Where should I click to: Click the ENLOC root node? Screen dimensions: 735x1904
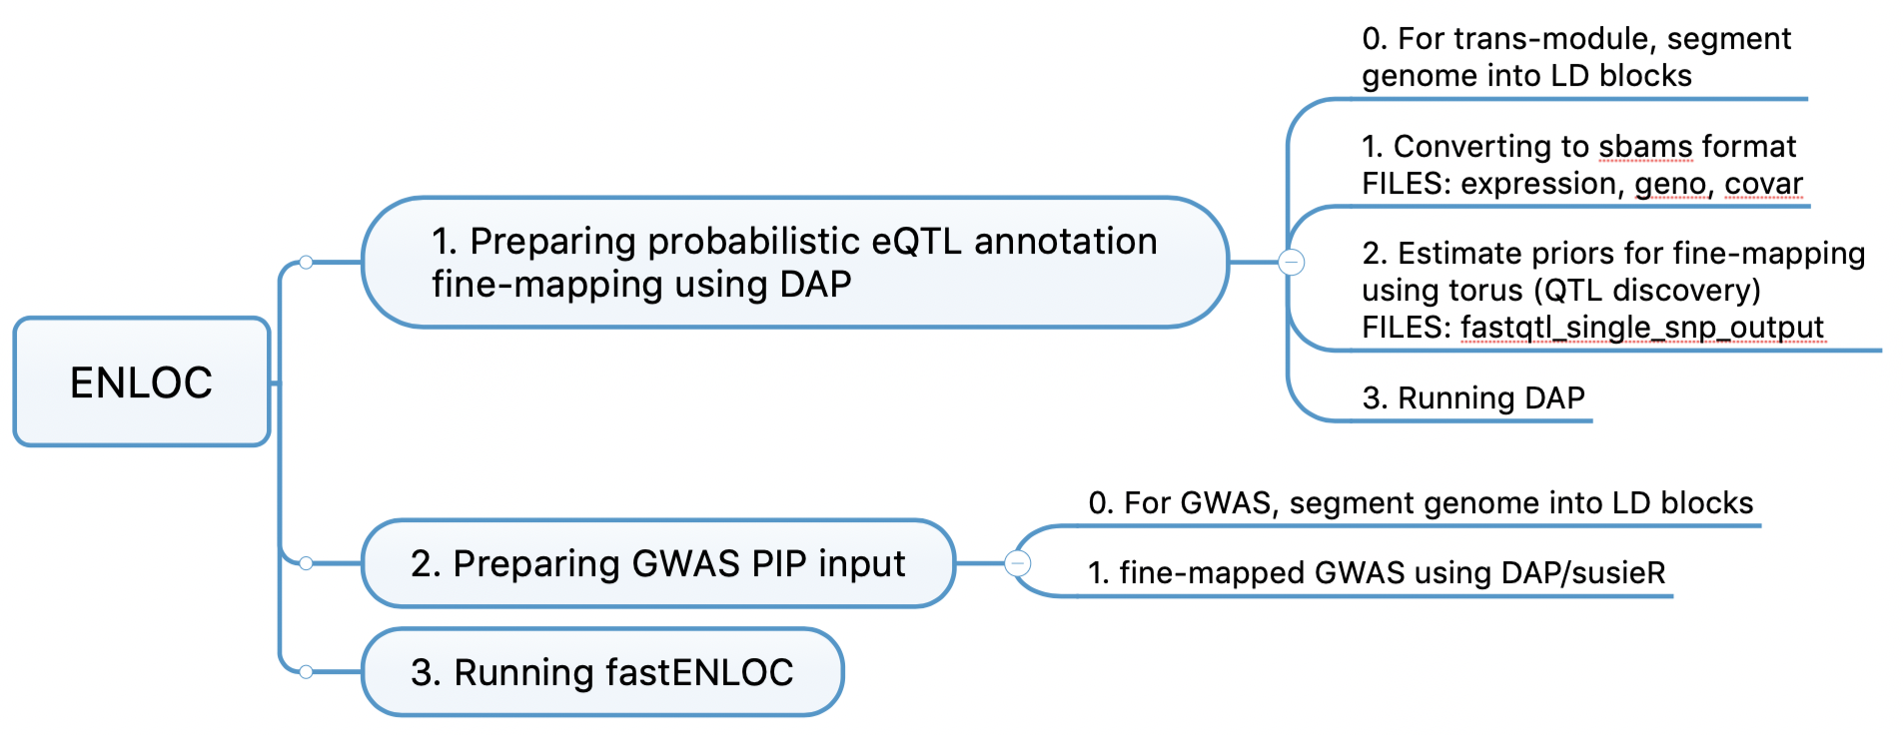[x=141, y=382]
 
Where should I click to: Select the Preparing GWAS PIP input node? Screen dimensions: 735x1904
[x=657, y=564]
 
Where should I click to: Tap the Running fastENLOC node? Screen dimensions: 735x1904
[x=601, y=673]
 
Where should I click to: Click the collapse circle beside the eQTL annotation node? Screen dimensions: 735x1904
[x=1292, y=263]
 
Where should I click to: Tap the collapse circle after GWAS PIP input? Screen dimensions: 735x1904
[x=1017, y=563]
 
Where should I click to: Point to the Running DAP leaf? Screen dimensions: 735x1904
[x=1472, y=398]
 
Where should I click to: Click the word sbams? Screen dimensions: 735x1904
[x=1644, y=147]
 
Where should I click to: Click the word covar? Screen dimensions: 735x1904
[x=1763, y=184]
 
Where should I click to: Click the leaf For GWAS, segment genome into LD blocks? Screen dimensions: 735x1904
[x=1420, y=503]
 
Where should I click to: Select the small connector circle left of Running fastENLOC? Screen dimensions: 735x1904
[x=306, y=672]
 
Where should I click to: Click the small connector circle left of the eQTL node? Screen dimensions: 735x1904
[x=306, y=263]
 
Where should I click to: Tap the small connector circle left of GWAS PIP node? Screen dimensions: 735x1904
[x=306, y=563]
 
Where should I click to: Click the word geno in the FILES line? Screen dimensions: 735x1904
[x=1669, y=184]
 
